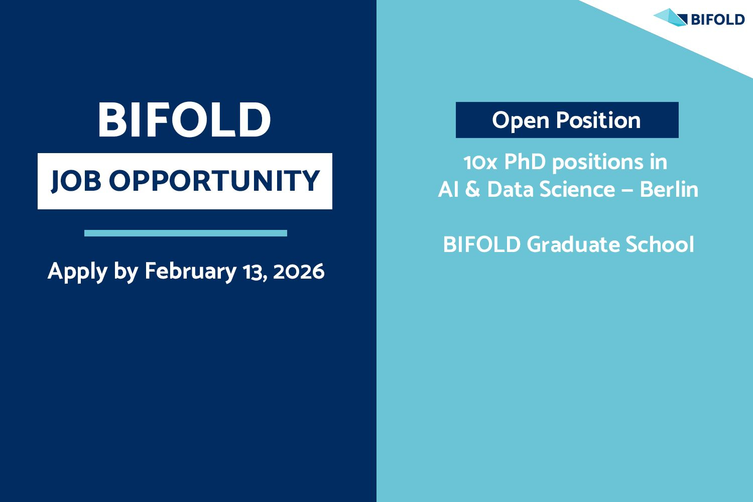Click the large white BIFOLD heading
184,119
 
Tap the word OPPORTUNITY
214,181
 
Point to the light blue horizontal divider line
186,233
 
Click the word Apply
78,272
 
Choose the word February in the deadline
191,272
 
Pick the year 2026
299,272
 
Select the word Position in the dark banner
598,119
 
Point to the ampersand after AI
473,189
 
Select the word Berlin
669,189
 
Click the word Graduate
573,244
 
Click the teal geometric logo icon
670,18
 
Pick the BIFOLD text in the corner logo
718,20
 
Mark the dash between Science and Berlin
627,191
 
